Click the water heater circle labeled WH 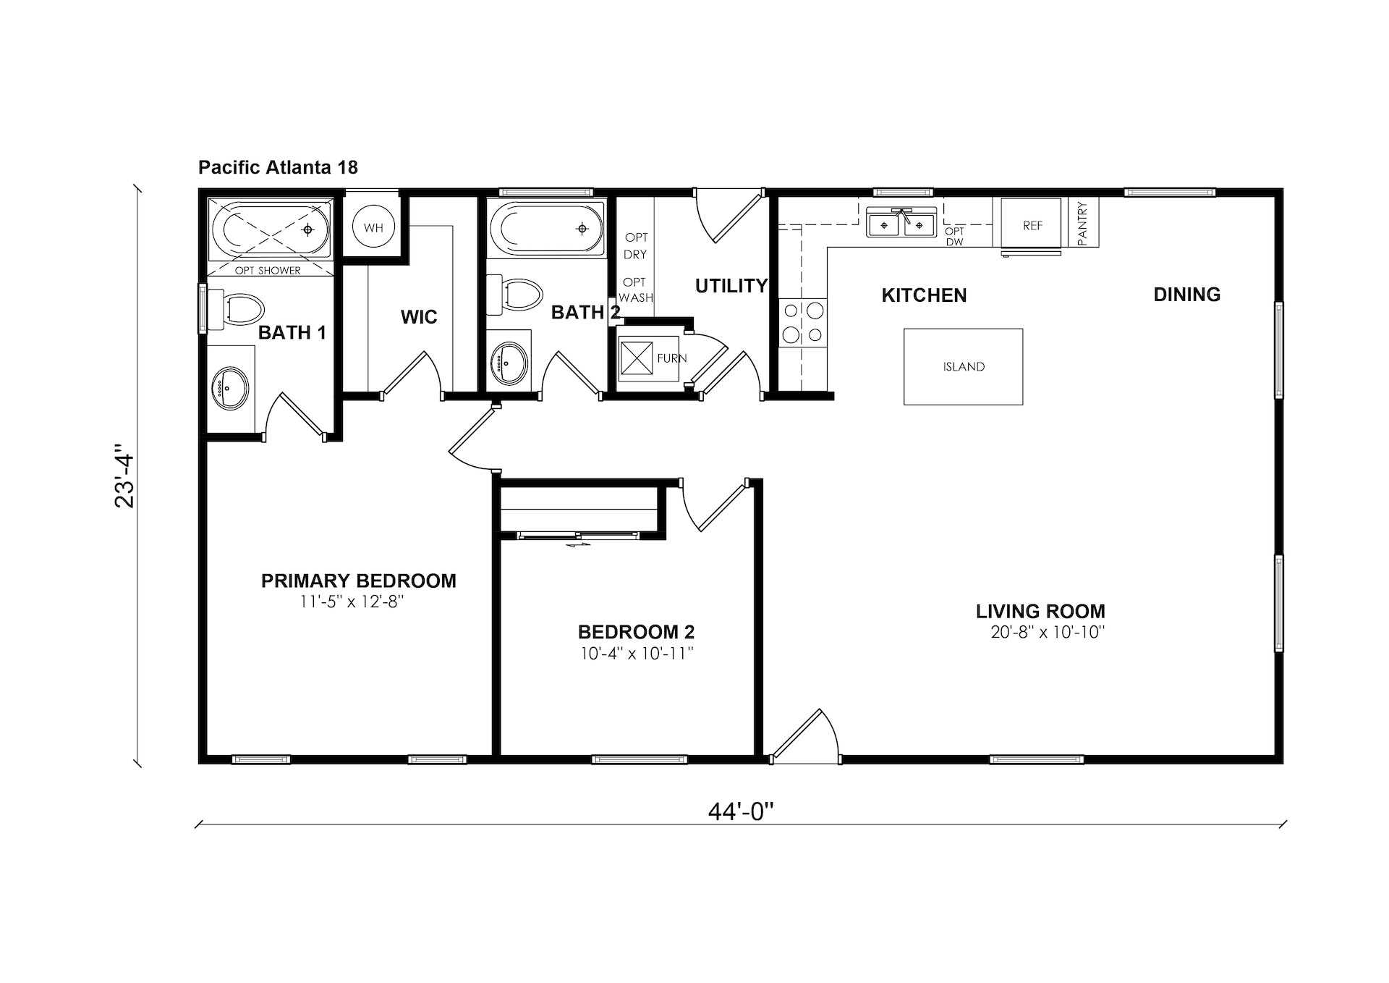pyautogui.click(x=373, y=227)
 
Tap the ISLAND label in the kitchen pyautogui.click(x=964, y=367)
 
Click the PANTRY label pyautogui.click(x=1082, y=223)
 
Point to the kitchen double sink pyautogui.click(x=901, y=223)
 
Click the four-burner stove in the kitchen pyautogui.click(x=803, y=323)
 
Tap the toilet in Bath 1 pyautogui.click(x=235, y=308)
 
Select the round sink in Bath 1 pyautogui.click(x=230, y=388)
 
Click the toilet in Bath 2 pyautogui.click(x=514, y=295)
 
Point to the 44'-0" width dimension pyautogui.click(x=741, y=812)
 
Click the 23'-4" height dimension pyautogui.click(x=125, y=481)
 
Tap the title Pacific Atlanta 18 pyautogui.click(x=278, y=167)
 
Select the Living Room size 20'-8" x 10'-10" pyautogui.click(x=1048, y=632)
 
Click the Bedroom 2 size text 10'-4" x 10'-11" pyautogui.click(x=637, y=654)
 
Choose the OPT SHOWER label pyautogui.click(x=268, y=271)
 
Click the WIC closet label pyautogui.click(x=419, y=317)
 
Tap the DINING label pyautogui.click(x=1187, y=295)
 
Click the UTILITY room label pyautogui.click(x=731, y=286)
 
